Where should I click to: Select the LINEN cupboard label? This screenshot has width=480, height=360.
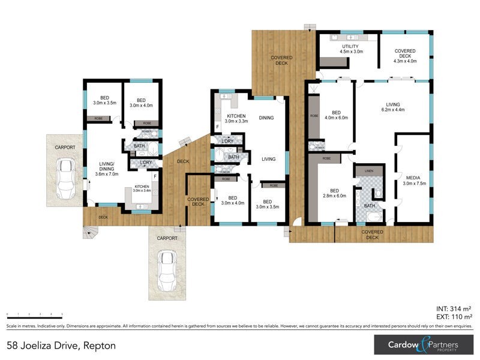pos(368,171)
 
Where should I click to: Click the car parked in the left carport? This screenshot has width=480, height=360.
pos(65,178)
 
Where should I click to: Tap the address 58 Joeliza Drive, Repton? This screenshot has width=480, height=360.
pos(61,346)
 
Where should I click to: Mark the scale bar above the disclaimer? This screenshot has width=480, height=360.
pos(34,315)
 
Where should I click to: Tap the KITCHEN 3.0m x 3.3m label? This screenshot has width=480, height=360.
pos(236,118)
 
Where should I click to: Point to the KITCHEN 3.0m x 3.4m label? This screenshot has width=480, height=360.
pos(142,189)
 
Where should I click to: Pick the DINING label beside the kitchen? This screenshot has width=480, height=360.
pos(266,118)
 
